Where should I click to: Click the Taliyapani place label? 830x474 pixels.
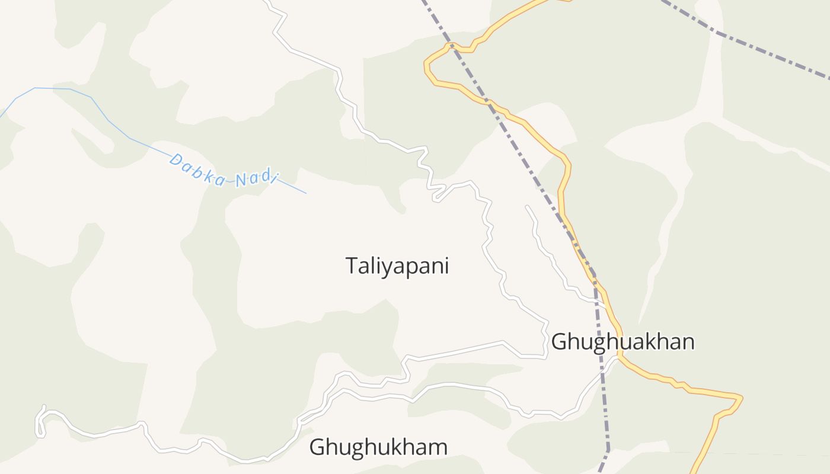tap(397, 265)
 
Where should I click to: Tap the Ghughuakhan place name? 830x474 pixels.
tap(622, 342)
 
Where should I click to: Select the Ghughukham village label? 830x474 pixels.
tap(378, 447)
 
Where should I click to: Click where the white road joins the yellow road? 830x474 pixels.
tap(618, 357)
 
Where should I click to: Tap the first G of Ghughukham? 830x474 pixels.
tap(317, 447)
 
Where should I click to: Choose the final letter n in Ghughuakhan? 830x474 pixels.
tap(688, 342)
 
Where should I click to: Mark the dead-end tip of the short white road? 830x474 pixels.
tap(526, 207)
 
